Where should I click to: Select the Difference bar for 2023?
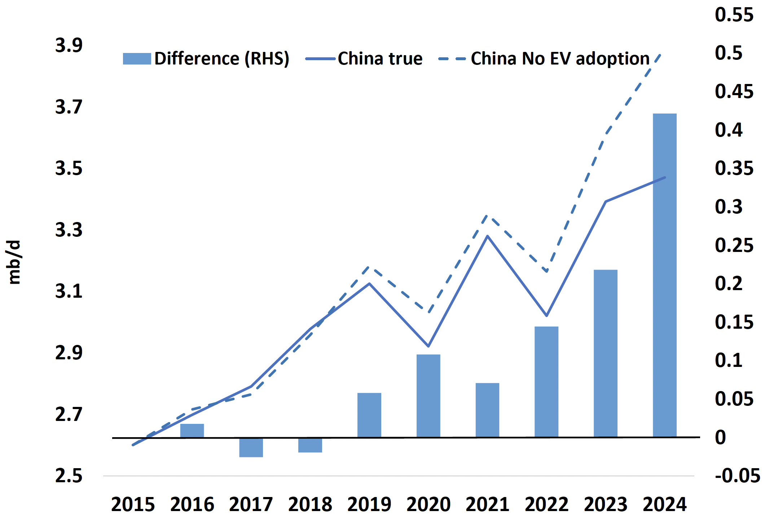[x=605, y=353]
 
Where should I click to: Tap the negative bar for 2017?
[x=251, y=448]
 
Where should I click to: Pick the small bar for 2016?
[x=192, y=431]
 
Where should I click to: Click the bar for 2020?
[x=428, y=396]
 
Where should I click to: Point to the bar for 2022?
[x=546, y=382]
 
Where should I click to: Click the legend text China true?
[x=380, y=58]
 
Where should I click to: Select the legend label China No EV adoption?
[x=560, y=58]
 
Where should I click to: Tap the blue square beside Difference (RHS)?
[x=137, y=59]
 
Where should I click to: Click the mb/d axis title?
[x=14, y=262]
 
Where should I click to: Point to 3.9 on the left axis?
[x=69, y=45]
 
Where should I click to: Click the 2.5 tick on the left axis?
[x=69, y=476]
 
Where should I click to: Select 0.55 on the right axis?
[x=734, y=15]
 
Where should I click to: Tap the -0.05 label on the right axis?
[x=737, y=476]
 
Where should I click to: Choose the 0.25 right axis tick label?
[x=734, y=245]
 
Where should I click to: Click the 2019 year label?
[x=369, y=504]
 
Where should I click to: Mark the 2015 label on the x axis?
[x=133, y=504]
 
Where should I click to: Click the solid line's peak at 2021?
[x=487, y=236]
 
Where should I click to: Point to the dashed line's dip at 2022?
[x=547, y=271]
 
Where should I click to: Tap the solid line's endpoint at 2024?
[x=665, y=178]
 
